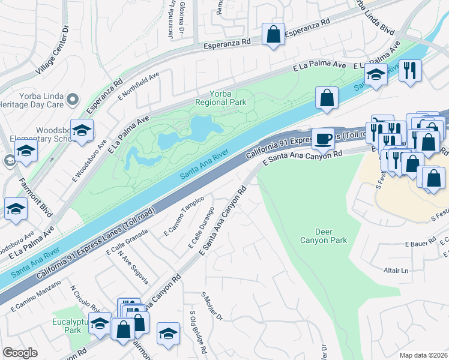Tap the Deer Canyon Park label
pos(322,236)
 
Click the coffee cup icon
pos(323,139)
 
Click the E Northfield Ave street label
pos(138,86)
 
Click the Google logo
pos(20,353)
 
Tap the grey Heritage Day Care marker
pos(73,98)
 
